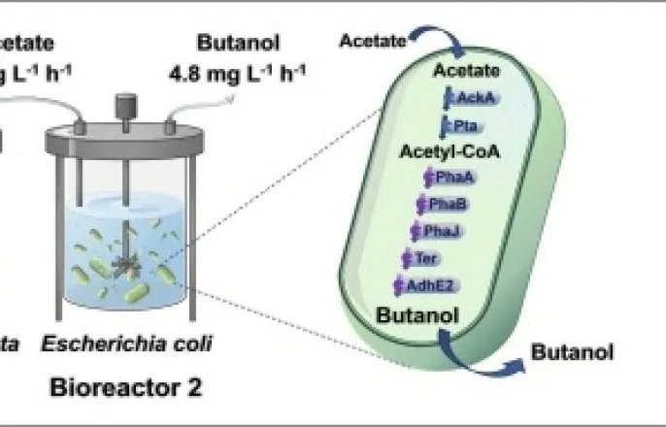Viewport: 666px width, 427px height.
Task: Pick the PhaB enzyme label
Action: [x=442, y=204]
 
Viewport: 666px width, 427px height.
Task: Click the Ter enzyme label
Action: [x=424, y=258]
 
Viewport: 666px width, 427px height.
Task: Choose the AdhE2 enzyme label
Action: [x=424, y=284]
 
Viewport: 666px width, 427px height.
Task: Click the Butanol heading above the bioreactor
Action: [x=230, y=44]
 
